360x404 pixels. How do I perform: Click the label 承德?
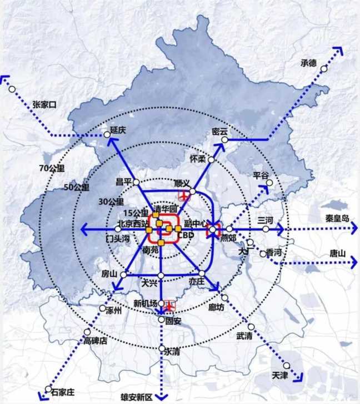point(308,63)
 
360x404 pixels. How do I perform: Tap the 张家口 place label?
point(45,104)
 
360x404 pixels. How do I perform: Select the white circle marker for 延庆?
point(107,134)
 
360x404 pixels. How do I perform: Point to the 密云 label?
point(220,132)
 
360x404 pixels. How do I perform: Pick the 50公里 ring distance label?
point(76,187)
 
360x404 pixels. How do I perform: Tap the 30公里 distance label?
point(111,201)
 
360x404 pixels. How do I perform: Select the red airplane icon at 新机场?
point(170,305)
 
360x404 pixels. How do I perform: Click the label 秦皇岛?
point(337,219)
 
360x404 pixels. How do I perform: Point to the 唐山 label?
point(337,253)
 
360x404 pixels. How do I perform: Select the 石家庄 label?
point(62,392)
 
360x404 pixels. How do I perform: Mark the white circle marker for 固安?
point(162,320)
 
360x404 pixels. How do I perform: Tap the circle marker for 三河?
point(266,229)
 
